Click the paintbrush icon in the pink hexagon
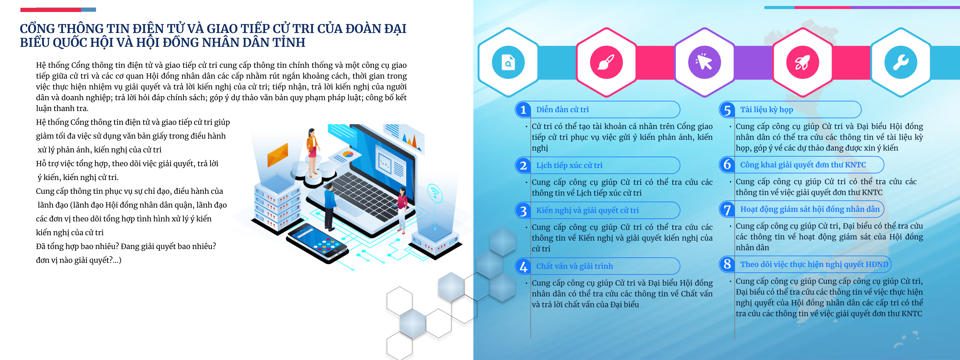tap(606, 62)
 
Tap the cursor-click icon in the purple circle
tap(704, 62)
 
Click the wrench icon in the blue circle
tap(900, 62)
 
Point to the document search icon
tap(508, 62)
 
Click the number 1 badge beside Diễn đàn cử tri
tap(523, 109)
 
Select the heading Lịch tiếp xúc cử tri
tap(569, 165)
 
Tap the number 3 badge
tap(523, 211)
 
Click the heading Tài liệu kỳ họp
tap(766, 109)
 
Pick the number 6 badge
tap(727, 164)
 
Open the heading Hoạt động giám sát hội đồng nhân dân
tap(809, 209)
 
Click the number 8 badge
tap(727, 264)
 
